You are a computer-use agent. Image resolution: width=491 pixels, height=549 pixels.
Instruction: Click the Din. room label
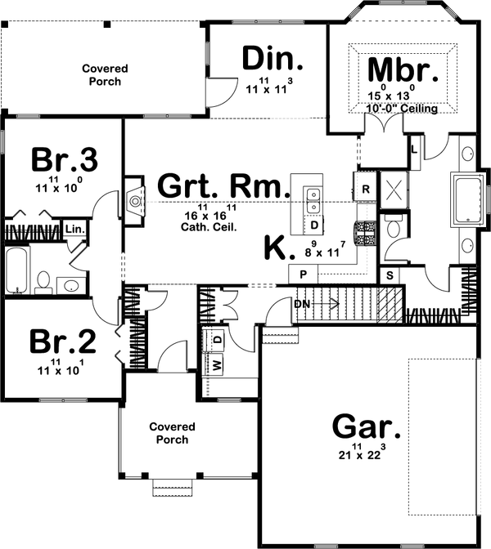coord(273,59)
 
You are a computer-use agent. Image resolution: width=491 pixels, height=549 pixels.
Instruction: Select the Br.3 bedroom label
coord(65,160)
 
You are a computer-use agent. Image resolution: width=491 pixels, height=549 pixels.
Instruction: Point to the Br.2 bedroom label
coord(65,341)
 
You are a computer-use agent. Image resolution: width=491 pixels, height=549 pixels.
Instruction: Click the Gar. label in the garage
coord(367,426)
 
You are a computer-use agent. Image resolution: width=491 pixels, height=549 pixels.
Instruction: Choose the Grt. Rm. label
coord(223,185)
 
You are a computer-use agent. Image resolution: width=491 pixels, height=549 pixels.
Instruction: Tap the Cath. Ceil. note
coord(210,228)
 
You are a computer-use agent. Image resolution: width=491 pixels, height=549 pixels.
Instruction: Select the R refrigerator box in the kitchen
coord(365,187)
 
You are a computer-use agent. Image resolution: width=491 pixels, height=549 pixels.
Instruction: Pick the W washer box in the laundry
coord(218,364)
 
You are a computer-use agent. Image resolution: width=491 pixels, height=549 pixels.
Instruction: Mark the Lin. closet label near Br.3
coord(74,229)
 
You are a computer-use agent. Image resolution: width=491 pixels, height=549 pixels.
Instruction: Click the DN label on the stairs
coord(303,304)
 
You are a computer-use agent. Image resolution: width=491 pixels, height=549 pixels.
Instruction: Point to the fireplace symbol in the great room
coord(133,199)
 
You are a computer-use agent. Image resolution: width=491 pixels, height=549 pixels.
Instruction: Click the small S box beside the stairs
coord(390,274)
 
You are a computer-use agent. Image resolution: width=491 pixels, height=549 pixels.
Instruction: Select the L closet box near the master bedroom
coord(414,150)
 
